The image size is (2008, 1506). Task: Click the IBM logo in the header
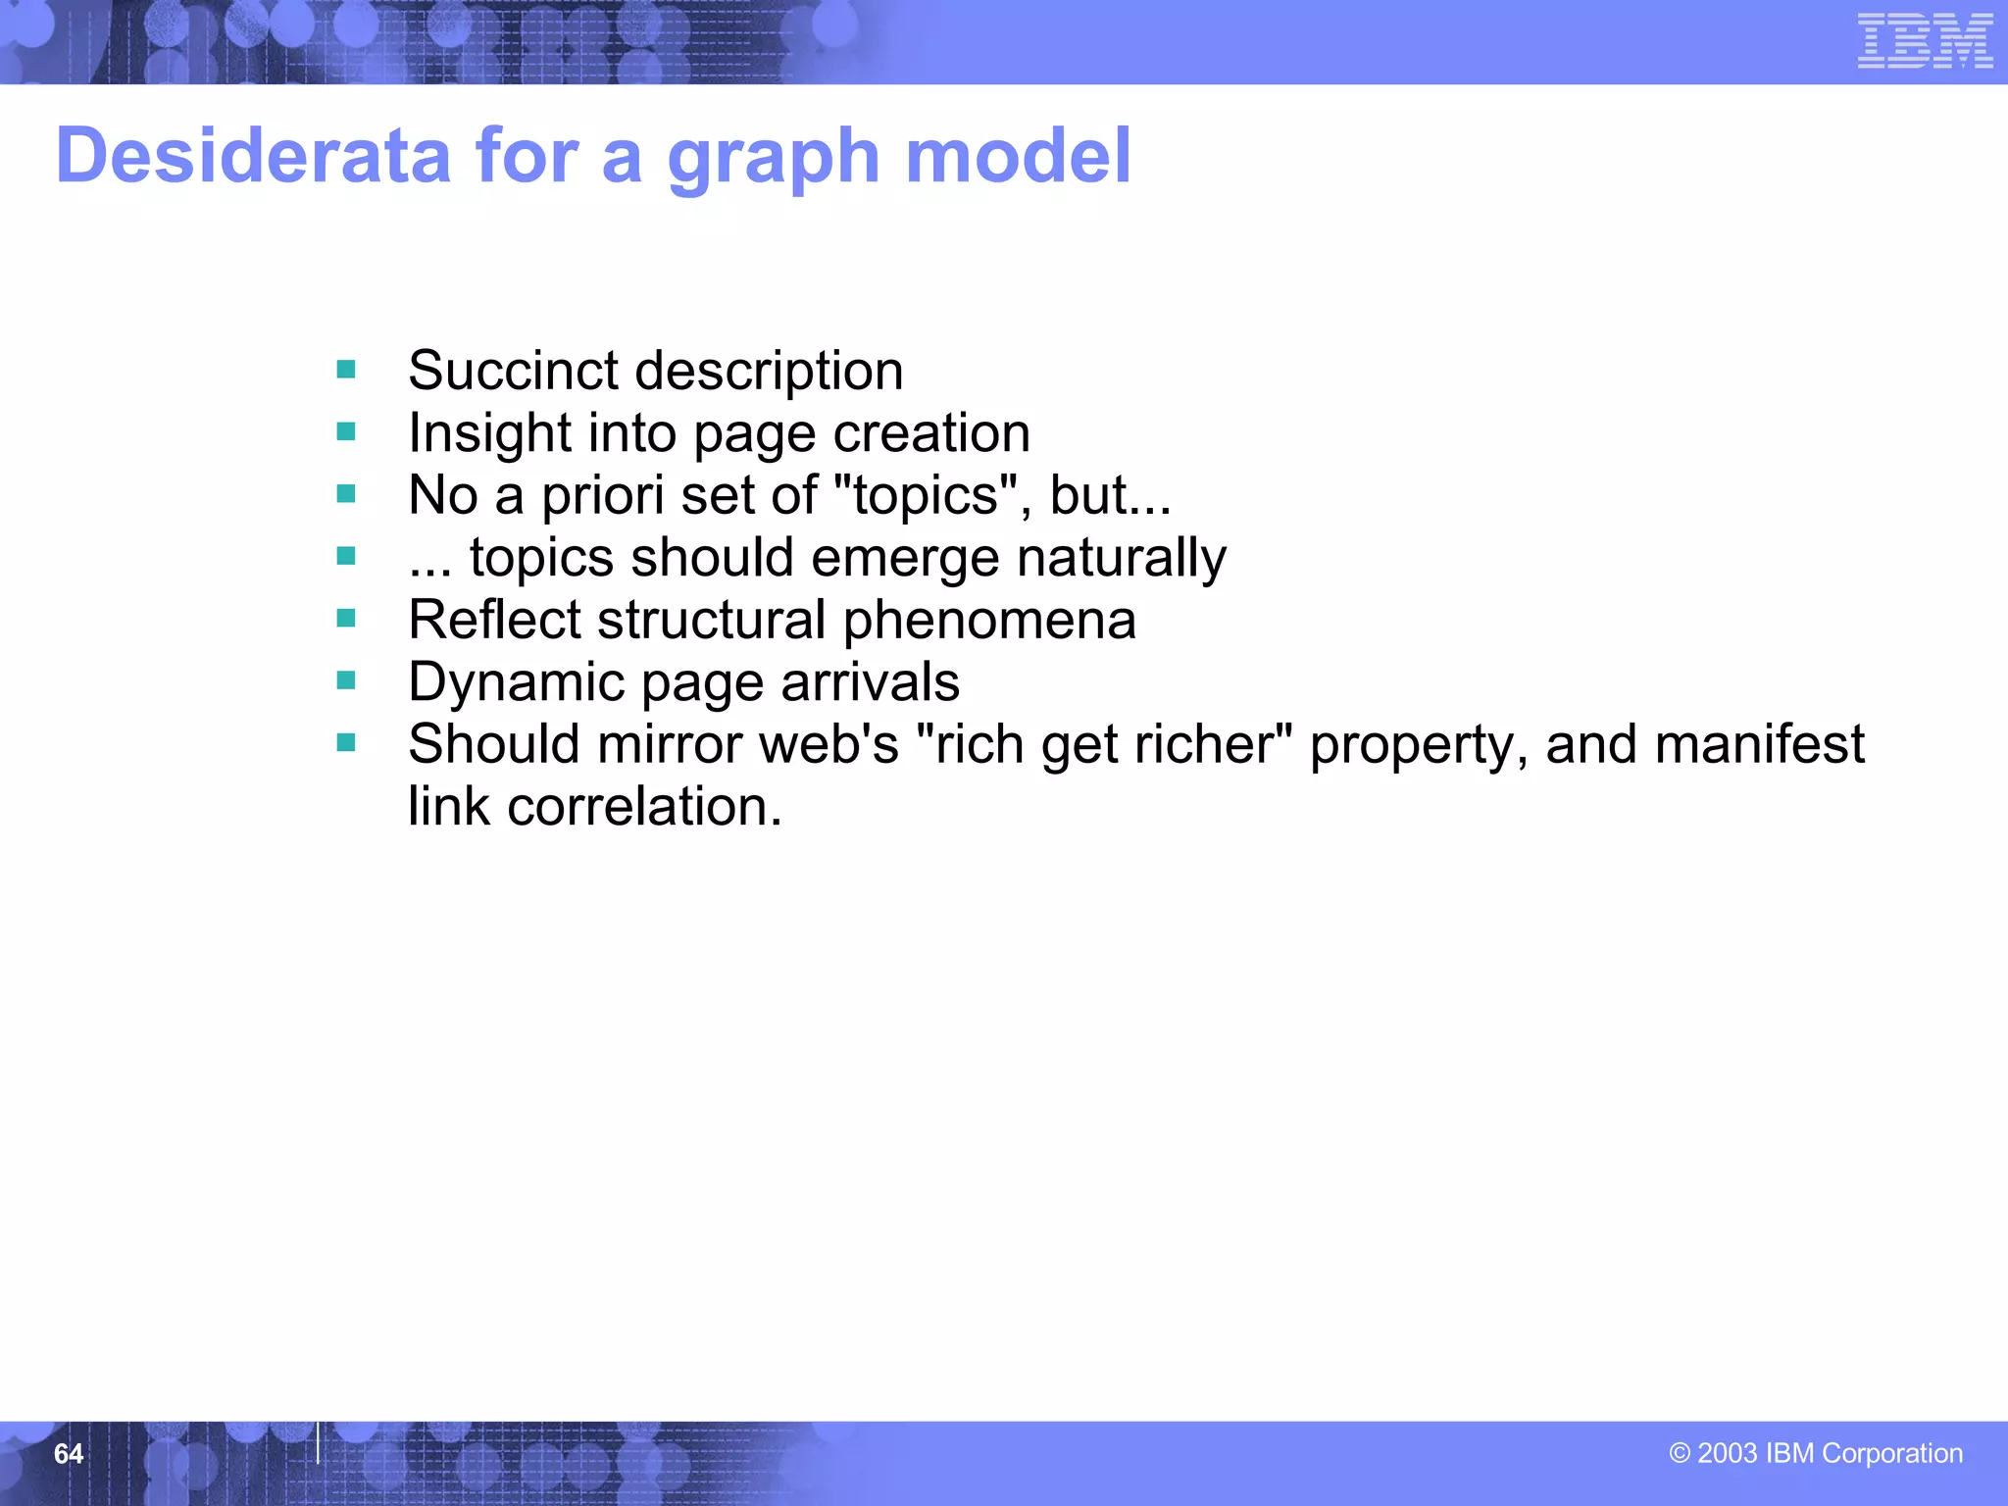coord(1925,42)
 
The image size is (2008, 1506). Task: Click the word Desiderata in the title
coord(253,156)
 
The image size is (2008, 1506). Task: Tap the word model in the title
coord(1018,156)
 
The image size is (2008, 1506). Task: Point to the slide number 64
coord(69,1454)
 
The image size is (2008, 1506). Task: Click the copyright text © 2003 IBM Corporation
coord(1815,1453)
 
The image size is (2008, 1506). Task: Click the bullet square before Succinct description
coord(346,370)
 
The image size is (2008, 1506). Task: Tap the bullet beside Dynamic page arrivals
coord(346,680)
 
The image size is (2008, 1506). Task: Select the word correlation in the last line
coord(644,807)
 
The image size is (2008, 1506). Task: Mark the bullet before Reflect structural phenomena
coord(346,619)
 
